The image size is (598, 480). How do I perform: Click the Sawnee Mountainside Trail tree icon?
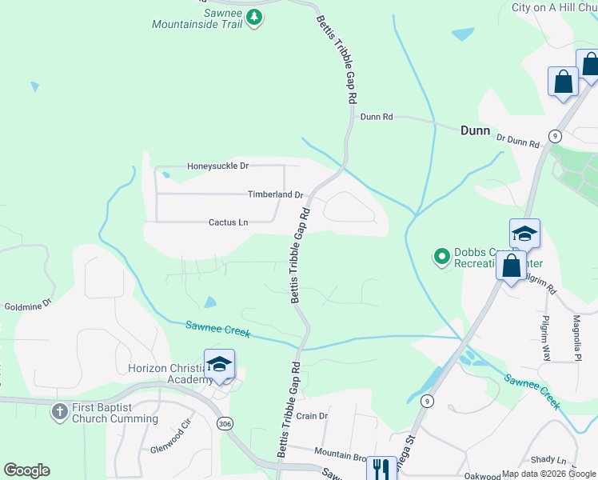point(253,17)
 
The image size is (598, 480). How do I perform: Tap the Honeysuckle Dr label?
point(218,166)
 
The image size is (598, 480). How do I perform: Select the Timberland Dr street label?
point(275,194)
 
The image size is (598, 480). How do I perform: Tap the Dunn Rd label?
point(377,116)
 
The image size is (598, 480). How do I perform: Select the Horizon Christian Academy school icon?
point(219,364)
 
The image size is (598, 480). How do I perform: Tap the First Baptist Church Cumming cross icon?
point(59,411)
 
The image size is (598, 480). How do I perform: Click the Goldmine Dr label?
point(28,305)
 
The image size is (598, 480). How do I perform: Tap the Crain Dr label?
point(312,416)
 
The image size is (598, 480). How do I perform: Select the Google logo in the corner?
point(26,470)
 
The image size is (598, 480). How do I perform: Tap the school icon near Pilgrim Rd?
point(524,233)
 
